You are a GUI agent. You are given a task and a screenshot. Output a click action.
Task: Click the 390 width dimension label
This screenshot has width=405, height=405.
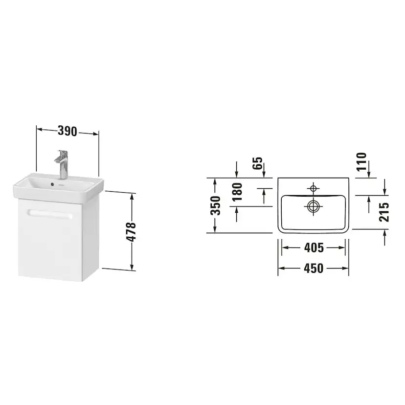67,131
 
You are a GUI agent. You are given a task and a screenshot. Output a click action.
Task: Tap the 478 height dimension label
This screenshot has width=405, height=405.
131,232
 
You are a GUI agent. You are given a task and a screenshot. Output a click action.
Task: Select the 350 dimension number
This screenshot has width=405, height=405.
215,205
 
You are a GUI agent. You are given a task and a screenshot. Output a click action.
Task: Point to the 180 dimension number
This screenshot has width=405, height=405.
237,192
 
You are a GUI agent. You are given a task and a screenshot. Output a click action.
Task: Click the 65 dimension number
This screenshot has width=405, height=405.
257,163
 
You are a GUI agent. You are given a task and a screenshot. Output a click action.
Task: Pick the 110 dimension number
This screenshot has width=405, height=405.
361,162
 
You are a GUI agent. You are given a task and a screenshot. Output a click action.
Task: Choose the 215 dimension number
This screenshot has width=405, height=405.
384,212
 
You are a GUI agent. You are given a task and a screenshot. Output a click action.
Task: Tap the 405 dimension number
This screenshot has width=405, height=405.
314,247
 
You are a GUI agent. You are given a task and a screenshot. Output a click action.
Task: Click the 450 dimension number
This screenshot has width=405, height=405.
314,269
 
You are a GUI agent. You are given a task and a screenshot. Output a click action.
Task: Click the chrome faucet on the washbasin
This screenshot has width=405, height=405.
62,164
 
